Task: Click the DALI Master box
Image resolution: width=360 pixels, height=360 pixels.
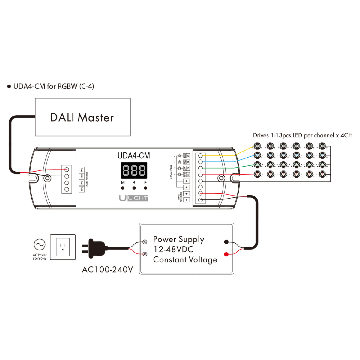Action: [82, 117]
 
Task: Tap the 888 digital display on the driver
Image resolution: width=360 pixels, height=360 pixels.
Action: [134, 170]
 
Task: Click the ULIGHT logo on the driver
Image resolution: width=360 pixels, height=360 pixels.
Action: [133, 198]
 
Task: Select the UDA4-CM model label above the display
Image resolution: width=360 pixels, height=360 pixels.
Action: [133, 156]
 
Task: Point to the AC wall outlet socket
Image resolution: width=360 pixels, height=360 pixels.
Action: [63, 247]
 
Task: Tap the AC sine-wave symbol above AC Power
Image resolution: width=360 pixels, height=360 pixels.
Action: [40, 245]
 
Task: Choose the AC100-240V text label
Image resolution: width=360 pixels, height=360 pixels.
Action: [107, 269]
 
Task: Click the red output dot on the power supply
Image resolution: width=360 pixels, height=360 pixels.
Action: [226, 254]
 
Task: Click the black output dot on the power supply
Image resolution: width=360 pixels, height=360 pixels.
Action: [226, 242]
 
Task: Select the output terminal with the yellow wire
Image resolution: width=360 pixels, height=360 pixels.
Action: [200, 155]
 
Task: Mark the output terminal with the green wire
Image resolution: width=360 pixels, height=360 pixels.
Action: [200, 168]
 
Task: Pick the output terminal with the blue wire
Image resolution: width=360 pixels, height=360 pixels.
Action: [200, 162]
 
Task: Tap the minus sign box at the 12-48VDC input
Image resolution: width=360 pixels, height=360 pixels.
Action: [186, 200]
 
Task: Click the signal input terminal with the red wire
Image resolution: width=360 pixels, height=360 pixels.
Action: [67, 170]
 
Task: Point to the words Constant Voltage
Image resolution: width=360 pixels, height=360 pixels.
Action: [185, 260]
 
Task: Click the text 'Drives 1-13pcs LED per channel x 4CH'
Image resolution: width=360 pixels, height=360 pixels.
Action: [302, 135]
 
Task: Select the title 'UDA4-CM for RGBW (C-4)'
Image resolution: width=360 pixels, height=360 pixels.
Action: [54, 86]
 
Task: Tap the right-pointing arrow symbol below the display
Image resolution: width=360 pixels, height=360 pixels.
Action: [145, 182]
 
